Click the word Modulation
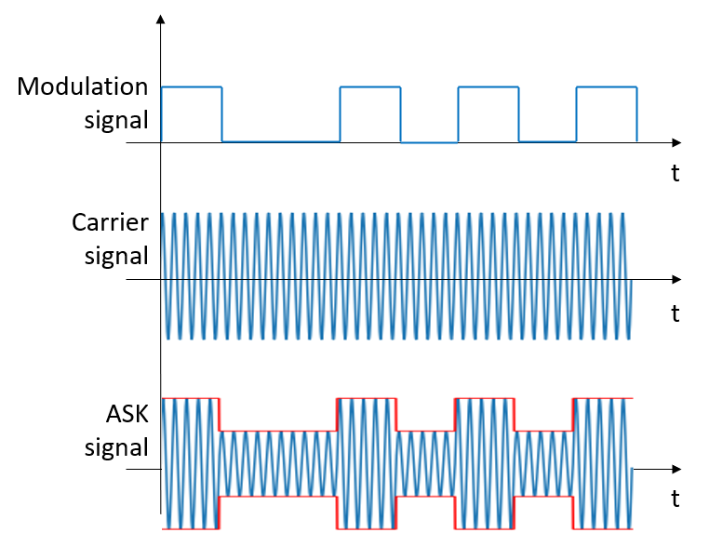tap(83, 87)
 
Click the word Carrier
tap(110, 222)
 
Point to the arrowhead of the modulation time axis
tap(676, 142)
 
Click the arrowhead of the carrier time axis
tap(676, 279)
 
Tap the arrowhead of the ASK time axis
tap(676, 469)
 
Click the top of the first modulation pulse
tap(192, 87)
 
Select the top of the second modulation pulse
tap(370, 87)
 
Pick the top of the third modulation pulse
tap(488, 87)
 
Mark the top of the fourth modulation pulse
tap(607, 87)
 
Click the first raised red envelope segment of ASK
tap(191, 398)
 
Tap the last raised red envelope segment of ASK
tap(605, 398)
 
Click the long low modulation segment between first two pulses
tap(280, 141)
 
